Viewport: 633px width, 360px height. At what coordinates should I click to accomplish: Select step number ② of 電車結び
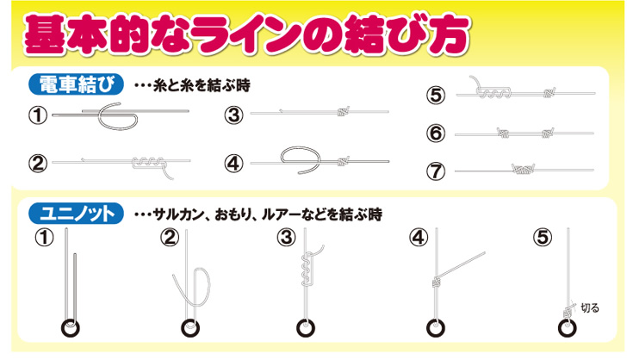(37, 162)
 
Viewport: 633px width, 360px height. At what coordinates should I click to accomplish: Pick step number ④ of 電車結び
(234, 162)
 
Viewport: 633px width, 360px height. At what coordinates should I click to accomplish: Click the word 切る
(590, 306)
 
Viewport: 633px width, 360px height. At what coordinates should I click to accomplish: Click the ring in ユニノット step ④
(436, 328)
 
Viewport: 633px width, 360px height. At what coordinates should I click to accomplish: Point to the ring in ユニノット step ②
(189, 328)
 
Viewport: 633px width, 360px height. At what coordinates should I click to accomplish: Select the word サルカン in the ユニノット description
(179, 213)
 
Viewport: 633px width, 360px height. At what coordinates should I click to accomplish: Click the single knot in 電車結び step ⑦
(523, 170)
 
